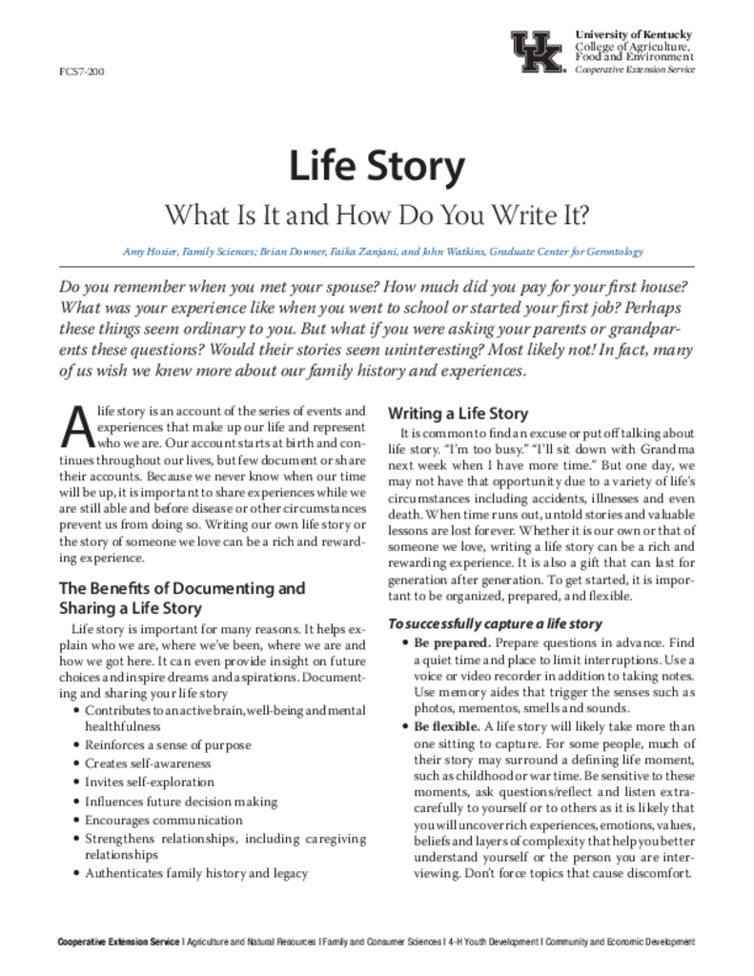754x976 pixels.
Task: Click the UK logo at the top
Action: pyautogui.click(x=538, y=51)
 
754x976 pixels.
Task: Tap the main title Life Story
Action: pyautogui.click(x=377, y=167)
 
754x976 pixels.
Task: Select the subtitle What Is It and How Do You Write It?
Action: pyautogui.click(x=377, y=213)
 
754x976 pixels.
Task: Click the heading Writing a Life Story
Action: pyautogui.click(x=457, y=414)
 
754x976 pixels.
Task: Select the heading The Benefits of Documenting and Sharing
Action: pyautogui.click(x=182, y=598)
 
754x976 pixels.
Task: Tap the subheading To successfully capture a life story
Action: pyautogui.click(x=494, y=624)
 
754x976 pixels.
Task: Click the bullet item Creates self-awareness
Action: pyautogui.click(x=148, y=763)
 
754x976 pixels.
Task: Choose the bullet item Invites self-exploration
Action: pyautogui.click(x=146, y=783)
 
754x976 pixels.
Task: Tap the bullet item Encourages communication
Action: pyautogui.click(x=164, y=820)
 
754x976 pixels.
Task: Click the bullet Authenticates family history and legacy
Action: pyautogui.click(x=196, y=873)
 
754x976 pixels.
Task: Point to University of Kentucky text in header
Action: pyautogui.click(x=634, y=34)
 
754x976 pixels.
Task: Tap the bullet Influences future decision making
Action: pyautogui.click(x=181, y=802)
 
